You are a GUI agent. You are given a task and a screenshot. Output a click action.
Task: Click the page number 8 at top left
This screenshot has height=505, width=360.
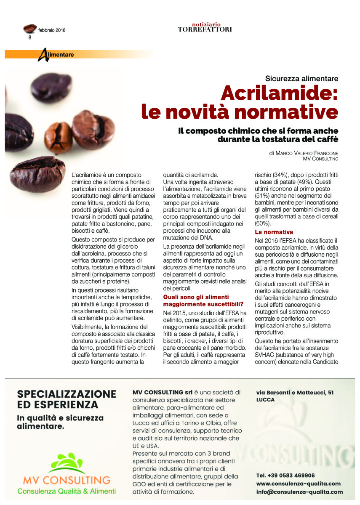30,37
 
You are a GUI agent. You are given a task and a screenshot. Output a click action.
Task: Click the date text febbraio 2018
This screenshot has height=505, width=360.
52,30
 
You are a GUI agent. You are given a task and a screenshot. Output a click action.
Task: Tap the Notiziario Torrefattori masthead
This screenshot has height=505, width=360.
205,27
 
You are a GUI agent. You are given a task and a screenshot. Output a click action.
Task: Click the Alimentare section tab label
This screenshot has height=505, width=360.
59,55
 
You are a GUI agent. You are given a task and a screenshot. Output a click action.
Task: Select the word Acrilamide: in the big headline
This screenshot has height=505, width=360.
280,93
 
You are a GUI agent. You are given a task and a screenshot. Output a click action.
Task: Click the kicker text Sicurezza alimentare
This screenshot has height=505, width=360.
302,78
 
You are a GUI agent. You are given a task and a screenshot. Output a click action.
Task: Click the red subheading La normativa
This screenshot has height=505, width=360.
274,232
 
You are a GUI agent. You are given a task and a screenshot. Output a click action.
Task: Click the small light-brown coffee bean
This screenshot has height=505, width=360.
59,136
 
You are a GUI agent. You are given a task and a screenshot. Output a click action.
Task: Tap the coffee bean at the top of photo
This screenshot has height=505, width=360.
52,87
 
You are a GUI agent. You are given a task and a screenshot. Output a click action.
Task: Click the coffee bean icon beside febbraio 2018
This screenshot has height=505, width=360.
30,29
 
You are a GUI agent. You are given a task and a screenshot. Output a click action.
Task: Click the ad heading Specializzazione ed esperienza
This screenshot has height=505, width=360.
67,399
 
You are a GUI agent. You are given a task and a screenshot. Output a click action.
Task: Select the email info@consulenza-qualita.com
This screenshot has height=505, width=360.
299,492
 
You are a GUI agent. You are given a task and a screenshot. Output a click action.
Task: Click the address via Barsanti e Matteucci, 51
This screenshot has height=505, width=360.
295,392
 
